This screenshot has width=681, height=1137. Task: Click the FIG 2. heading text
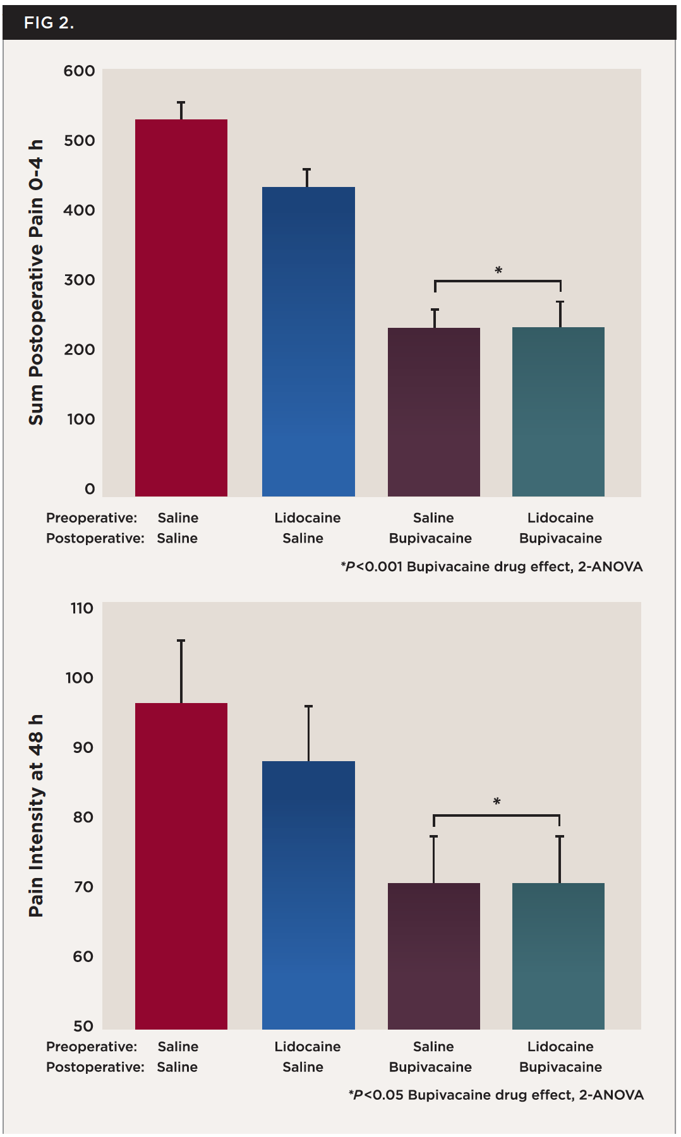pyautogui.click(x=49, y=23)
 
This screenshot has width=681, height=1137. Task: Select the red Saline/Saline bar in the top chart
pyautogui.click(x=181, y=308)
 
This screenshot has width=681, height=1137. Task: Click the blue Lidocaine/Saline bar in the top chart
pyautogui.click(x=308, y=341)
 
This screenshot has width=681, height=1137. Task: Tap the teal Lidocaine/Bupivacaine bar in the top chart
pyautogui.click(x=558, y=411)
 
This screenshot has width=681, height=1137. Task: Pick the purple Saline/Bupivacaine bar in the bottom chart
pyautogui.click(x=434, y=955)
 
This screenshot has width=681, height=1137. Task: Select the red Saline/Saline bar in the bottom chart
pyautogui.click(x=181, y=865)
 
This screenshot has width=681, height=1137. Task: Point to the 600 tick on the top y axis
pyautogui.click(x=80, y=71)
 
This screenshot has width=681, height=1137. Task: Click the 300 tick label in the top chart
pyautogui.click(x=80, y=280)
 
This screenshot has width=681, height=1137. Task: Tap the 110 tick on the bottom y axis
pyautogui.click(x=82, y=608)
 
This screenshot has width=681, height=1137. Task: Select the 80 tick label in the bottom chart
pyautogui.click(x=83, y=817)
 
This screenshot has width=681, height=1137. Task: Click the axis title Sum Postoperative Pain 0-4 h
pyautogui.click(x=37, y=282)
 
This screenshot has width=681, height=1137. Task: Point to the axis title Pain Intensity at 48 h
pyautogui.click(x=37, y=815)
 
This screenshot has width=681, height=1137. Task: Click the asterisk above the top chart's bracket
pyautogui.click(x=498, y=271)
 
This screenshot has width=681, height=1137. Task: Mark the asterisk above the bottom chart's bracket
pyautogui.click(x=497, y=802)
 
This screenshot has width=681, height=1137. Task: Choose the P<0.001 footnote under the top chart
pyautogui.click(x=491, y=567)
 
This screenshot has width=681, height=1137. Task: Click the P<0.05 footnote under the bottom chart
pyautogui.click(x=496, y=1095)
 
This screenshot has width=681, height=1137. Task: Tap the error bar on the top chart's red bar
pyautogui.click(x=181, y=111)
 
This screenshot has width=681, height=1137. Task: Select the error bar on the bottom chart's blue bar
pyautogui.click(x=309, y=733)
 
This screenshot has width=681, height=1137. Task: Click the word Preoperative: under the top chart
pyautogui.click(x=92, y=518)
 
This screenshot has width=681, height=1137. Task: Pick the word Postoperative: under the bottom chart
pyautogui.click(x=95, y=1067)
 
